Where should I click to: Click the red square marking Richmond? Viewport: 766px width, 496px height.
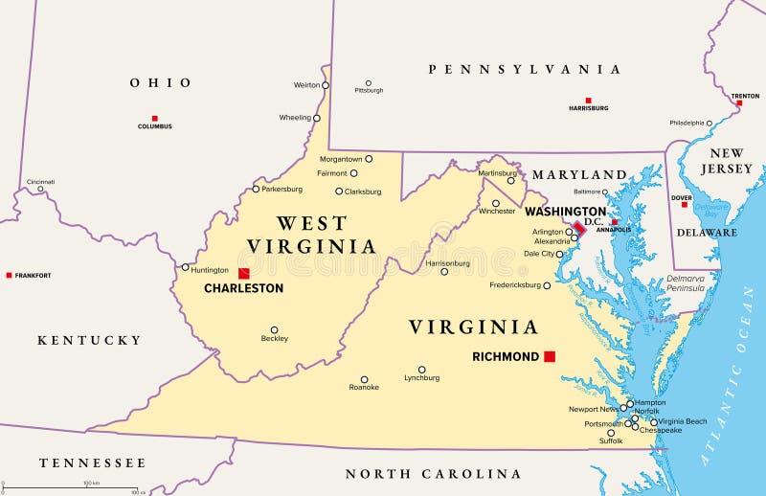(550, 356)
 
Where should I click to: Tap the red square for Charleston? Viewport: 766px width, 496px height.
(244, 273)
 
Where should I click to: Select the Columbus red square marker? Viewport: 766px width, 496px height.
(154, 119)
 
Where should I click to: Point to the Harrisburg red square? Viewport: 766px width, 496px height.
(588, 101)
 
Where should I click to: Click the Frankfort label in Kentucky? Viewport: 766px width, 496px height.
(33, 276)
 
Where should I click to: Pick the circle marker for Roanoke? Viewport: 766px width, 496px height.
(364, 379)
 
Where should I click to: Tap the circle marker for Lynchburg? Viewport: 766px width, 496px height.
(421, 370)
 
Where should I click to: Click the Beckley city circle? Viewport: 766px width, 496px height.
(274, 329)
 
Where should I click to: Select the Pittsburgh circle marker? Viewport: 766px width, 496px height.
(368, 83)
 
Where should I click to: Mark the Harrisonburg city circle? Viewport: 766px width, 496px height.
(444, 271)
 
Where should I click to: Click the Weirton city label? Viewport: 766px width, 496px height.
(306, 85)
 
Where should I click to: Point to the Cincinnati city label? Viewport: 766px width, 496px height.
(40, 181)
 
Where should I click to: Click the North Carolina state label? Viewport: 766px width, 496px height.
(433, 474)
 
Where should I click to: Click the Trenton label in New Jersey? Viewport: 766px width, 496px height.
(745, 97)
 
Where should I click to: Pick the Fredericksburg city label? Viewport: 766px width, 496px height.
(514, 285)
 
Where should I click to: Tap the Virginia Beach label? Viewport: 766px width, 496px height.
(683, 421)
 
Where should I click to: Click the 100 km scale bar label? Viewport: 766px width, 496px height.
(92, 484)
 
